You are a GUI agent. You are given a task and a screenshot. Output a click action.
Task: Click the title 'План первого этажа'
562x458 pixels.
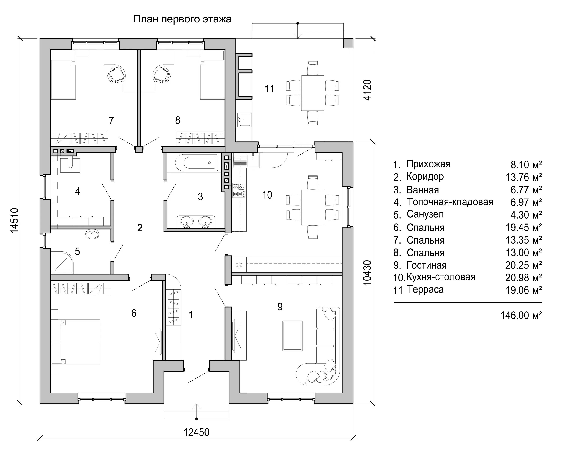(x=182, y=19)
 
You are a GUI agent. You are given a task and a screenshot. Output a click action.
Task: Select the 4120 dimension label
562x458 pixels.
(x=367, y=90)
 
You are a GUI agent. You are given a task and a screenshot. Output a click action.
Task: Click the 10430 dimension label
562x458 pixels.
(x=367, y=273)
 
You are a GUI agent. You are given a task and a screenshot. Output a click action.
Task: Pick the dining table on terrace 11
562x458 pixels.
(x=313, y=93)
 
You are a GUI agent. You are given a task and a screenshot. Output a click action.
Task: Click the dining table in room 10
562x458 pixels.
(x=313, y=207)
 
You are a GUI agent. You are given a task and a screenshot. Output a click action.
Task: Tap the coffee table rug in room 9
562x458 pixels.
(x=292, y=336)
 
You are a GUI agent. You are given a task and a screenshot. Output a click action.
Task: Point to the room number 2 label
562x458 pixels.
(x=140, y=228)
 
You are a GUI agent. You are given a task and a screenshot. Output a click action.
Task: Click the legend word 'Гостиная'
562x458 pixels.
(x=427, y=265)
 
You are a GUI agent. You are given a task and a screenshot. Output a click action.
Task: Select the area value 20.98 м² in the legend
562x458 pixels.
(x=523, y=277)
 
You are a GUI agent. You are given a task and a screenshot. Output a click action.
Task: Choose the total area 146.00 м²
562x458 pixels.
(x=521, y=315)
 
